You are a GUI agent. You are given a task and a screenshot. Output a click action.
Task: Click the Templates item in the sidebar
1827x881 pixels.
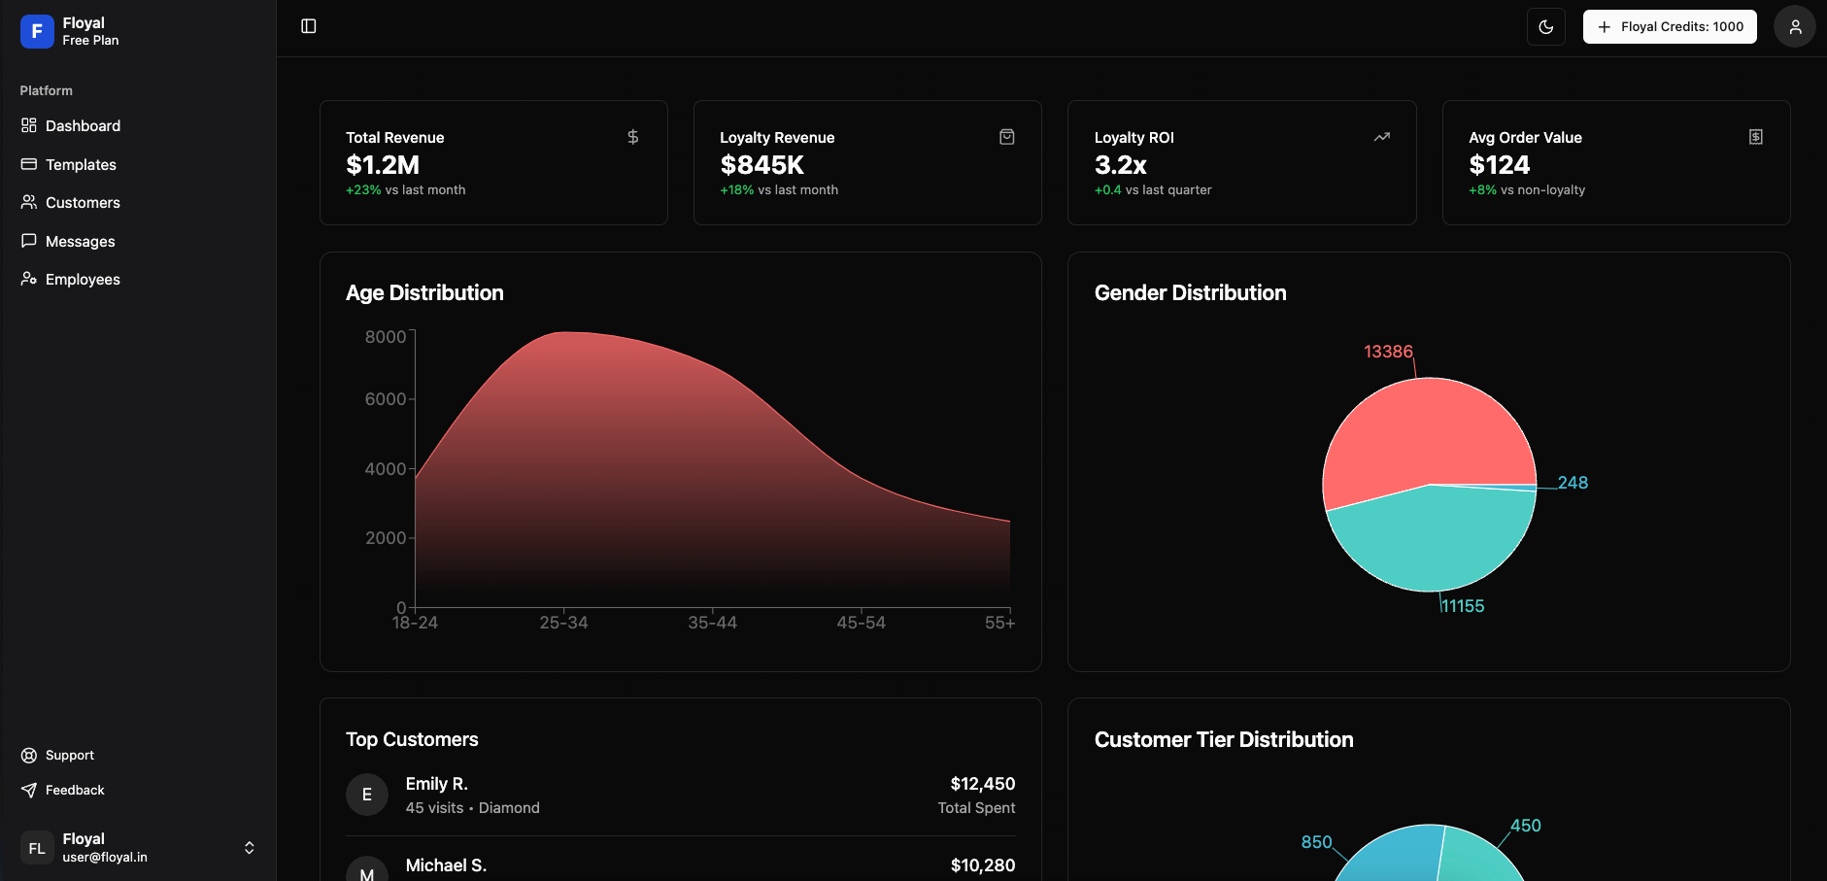81,165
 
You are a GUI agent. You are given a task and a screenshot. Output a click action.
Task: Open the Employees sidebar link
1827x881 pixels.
83,280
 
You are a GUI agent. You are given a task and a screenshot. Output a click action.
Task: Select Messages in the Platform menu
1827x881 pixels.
80,242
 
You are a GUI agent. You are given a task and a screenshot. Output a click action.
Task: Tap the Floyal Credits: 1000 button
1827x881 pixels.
1670,27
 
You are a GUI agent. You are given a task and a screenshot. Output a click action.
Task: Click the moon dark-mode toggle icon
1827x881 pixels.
1545,27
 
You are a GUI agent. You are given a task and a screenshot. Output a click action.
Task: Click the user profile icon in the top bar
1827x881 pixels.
1794,27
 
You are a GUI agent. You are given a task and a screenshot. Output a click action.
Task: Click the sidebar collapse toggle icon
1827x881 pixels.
309,26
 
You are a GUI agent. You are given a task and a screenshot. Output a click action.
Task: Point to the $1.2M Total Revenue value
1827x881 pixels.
383,165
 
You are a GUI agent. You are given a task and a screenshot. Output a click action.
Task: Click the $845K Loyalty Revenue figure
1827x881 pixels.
761,165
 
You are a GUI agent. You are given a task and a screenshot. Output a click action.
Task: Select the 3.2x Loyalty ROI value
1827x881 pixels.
1120,165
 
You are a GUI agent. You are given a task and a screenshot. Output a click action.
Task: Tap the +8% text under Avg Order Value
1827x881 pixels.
1482,190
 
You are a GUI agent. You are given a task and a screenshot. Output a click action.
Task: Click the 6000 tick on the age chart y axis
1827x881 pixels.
385,399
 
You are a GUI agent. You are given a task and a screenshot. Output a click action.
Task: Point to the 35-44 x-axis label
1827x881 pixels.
712,624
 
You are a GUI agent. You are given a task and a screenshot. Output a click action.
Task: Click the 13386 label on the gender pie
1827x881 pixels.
1388,352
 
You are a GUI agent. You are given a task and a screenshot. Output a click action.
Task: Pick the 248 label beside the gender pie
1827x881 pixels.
1573,483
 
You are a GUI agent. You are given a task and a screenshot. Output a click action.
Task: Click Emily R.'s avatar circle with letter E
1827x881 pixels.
367,795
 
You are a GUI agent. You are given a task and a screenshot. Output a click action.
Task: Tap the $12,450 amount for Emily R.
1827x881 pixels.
982,784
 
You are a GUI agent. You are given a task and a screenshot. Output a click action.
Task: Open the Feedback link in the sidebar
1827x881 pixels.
75,791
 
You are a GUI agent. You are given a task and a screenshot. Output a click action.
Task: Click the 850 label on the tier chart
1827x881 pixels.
1316,842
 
